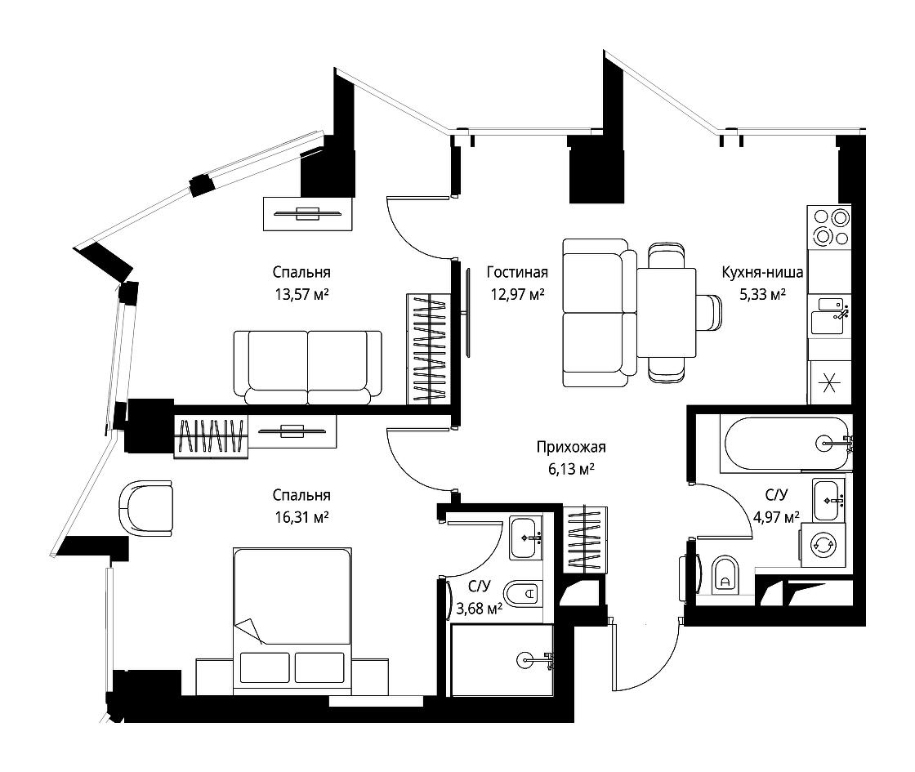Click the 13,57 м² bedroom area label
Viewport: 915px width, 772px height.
(301, 294)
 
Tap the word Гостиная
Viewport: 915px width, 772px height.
(517, 272)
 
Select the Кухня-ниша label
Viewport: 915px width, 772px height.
(762, 272)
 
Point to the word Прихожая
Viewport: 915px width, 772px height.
(571, 447)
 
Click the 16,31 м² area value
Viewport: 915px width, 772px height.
(301, 517)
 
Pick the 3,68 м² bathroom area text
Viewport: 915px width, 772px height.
(479, 609)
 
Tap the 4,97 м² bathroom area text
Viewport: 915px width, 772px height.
(775, 517)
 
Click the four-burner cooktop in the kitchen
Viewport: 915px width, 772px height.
(829, 227)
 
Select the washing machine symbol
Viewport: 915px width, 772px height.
(823, 545)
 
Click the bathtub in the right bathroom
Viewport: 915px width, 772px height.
(785, 444)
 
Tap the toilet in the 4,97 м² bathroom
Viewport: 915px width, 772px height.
(725, 575)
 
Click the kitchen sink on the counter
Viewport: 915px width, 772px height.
(829, 315)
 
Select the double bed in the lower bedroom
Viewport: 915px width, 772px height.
(292, 621)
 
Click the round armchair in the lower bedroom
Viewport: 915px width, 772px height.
(146, 507)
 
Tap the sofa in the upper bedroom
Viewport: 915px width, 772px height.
(307, 368)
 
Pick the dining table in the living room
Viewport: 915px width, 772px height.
(667, 313)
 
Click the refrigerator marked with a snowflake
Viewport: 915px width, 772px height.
(829, 383)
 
